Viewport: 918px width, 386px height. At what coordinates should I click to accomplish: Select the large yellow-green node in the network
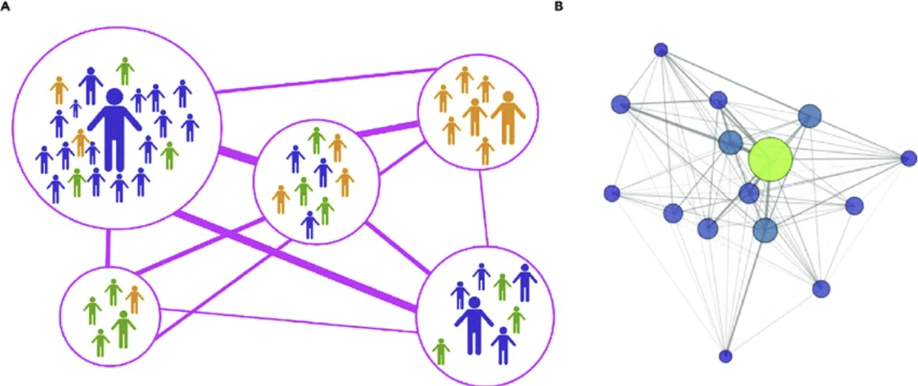click(770, 159)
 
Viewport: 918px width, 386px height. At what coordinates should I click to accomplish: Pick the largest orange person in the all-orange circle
click(508, 118)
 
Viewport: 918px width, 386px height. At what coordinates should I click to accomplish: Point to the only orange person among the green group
click(134, 299)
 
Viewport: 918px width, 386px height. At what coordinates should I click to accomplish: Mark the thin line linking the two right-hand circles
click(484, 208)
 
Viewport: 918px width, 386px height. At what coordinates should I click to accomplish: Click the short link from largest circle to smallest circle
click(108, 248)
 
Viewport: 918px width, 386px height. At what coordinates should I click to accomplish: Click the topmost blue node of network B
click(661, 49)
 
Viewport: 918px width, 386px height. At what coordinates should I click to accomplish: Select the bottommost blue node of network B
click(726, 356)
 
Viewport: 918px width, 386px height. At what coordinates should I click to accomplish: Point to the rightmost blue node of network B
click(909, 159)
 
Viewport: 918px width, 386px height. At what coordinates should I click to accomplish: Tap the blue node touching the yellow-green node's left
click(731, 142)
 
